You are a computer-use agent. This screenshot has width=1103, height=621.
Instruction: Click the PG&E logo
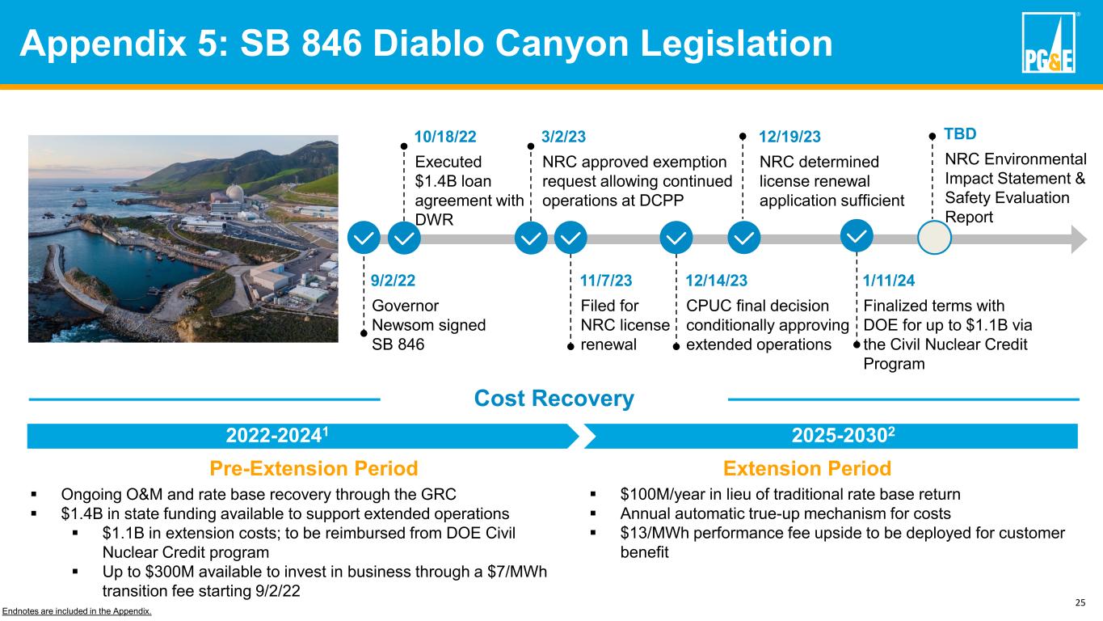(x=1048, y=43)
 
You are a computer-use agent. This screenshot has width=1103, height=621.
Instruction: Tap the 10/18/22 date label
(x=445, y=137)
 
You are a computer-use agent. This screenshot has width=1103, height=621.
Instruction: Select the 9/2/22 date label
(x=393, y=281)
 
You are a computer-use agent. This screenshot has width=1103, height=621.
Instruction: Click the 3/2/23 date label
(x=563, y=137)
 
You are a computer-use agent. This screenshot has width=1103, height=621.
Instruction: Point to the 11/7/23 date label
(x=606, y=281)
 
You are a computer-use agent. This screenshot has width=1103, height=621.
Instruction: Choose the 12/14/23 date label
(x=717, y=281)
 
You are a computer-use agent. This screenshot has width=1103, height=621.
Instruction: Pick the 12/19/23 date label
(x=789, y=137)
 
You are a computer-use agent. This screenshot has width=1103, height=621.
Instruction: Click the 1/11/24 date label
(x=889, y=281)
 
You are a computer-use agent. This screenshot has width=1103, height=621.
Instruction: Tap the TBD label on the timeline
(x=960, y=133)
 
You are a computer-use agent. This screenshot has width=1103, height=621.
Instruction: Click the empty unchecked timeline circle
(x=934, y=238)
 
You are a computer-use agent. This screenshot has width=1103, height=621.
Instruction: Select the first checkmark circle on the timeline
(x=364, y=238)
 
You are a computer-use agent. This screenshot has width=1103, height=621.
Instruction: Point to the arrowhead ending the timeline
(x=1079, y=239)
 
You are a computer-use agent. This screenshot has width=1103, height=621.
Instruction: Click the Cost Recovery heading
(x=554, y=398)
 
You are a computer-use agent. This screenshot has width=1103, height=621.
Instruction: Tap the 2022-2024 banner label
(x=276, y=435)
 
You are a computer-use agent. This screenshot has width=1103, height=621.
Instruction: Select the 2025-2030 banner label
(x=843, y=435)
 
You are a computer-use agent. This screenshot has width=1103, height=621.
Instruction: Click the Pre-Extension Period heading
(x=314, y=468)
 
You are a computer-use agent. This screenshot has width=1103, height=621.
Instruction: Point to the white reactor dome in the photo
(x=235, y=192)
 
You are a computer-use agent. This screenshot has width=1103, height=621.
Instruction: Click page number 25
(x=1080, y=602)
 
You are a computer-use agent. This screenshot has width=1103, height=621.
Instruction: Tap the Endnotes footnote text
(x=77, y=611)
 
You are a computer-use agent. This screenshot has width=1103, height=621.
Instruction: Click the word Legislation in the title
(x=736, y=44)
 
